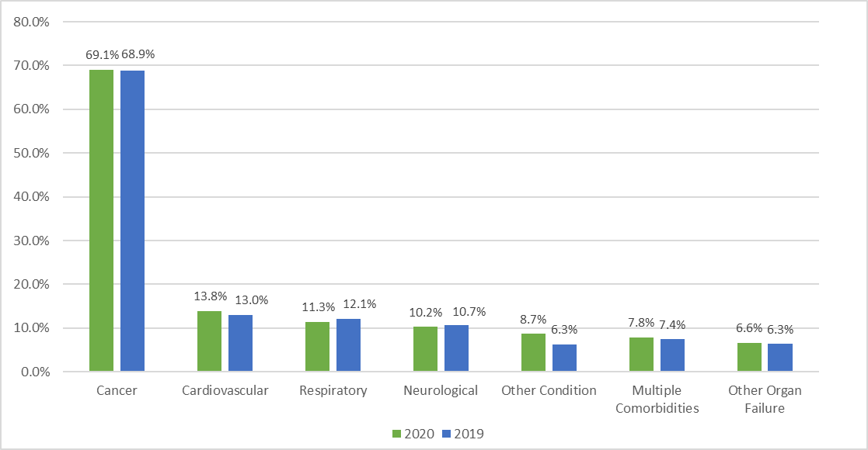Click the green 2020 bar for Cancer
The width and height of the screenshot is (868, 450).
101,221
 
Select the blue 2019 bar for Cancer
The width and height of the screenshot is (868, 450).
132,221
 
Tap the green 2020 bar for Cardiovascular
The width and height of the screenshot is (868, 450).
209,342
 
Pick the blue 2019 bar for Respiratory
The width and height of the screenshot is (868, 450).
348,345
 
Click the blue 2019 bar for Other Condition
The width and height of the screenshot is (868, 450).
564,358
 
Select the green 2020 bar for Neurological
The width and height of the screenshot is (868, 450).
425,349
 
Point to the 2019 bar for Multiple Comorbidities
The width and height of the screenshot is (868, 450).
672,355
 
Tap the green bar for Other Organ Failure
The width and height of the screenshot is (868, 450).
749,357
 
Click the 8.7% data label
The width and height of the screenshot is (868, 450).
534,319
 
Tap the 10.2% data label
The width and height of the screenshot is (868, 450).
425,313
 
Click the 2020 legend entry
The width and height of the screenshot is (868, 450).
413,434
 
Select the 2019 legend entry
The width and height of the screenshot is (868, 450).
462,434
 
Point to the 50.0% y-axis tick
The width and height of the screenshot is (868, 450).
32,153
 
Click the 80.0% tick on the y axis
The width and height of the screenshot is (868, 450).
32,22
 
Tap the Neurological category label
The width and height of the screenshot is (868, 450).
441,390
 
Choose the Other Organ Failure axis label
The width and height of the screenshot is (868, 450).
764,399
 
